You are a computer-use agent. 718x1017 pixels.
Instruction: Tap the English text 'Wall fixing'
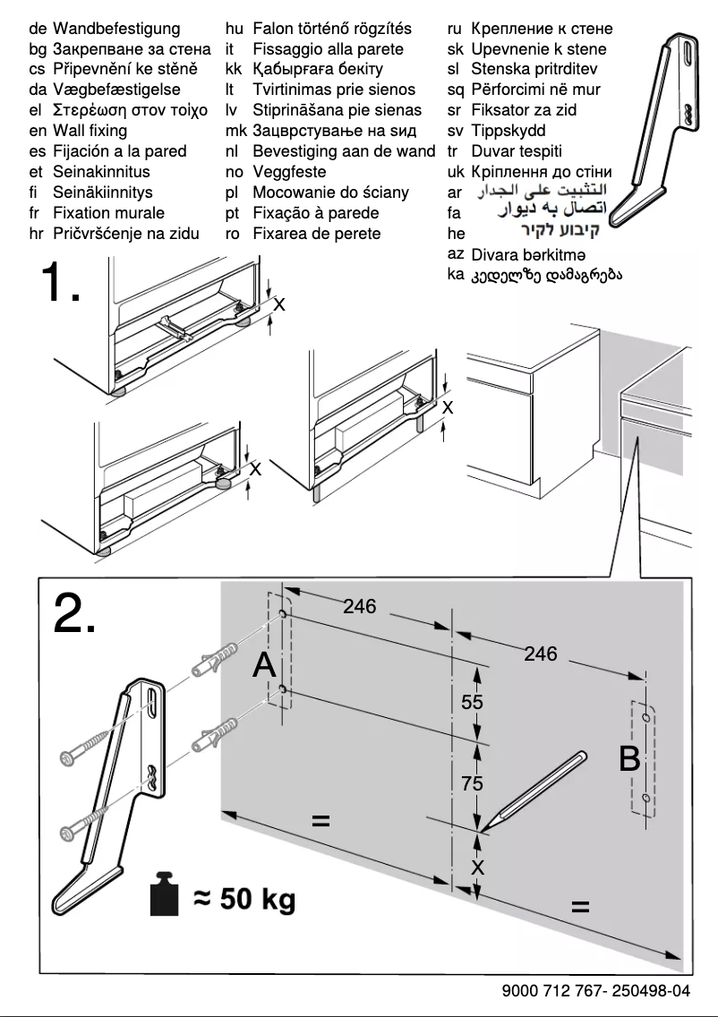coord(90,131)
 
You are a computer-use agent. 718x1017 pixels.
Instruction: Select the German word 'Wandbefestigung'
coord(116,29)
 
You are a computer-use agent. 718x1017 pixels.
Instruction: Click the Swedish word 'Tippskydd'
coord(509,131)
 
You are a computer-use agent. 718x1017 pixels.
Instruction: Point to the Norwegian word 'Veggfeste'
coord(289,172)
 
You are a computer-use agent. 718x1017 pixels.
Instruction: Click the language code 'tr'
coord(454,151)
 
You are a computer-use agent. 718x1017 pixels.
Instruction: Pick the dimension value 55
coord(472,703)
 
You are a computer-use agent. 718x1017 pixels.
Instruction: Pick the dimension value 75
coord(472,783)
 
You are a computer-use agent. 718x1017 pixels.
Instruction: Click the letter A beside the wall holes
coord(265,665)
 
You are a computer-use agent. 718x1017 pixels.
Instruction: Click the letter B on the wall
coord(629,760)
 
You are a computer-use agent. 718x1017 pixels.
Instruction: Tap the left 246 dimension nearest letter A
coord(360,607)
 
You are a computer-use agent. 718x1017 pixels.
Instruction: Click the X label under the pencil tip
coord(477,867)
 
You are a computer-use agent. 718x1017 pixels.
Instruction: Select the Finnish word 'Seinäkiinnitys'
coord(102,192)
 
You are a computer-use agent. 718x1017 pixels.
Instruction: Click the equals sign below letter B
coord(580,908)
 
